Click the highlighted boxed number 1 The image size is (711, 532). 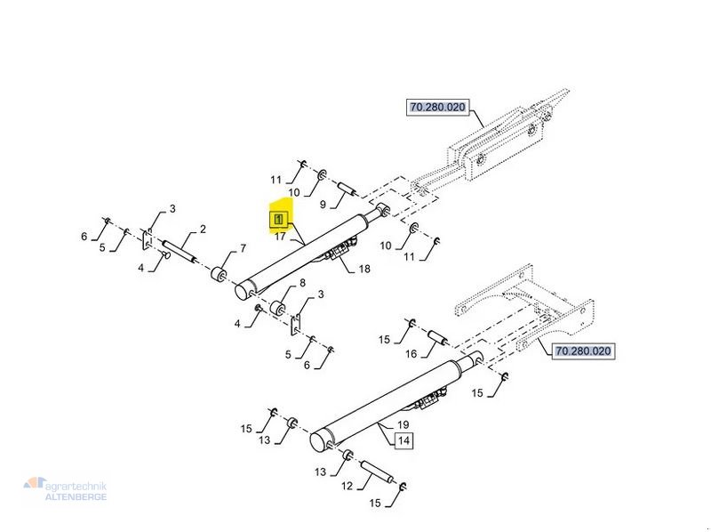click(x=278, y=218)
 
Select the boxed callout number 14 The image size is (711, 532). click(x=403, y=439)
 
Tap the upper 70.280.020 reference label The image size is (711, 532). click(x=437, y=108)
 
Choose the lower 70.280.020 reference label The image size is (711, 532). click(x=583, y=351)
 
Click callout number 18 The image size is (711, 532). click(x=363, y=269)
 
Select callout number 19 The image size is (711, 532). click(x=402, y=424)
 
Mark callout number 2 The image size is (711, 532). click(x=203, y=230)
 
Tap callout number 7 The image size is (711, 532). click(x=243, y=248)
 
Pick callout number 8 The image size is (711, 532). click(x=302, y=284)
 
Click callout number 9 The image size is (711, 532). click(x=323, y=204)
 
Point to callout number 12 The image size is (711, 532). click(x=348, y=486)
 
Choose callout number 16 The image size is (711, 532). click(x=411, y=354)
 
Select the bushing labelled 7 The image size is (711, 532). click(x=219, y=271)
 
